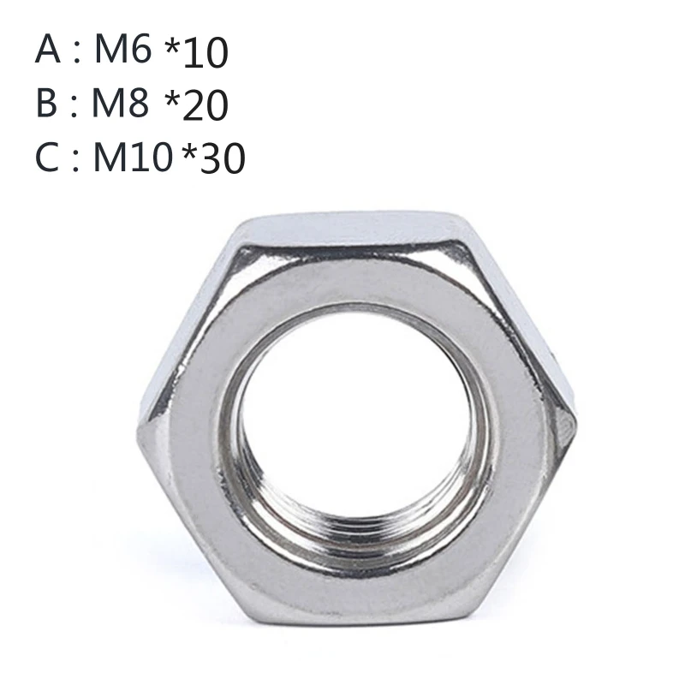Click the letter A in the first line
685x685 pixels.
coord(48,51)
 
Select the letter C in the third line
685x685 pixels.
coord(48,158)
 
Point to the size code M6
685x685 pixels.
coord(122,51)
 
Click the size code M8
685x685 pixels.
coord(122,104)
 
